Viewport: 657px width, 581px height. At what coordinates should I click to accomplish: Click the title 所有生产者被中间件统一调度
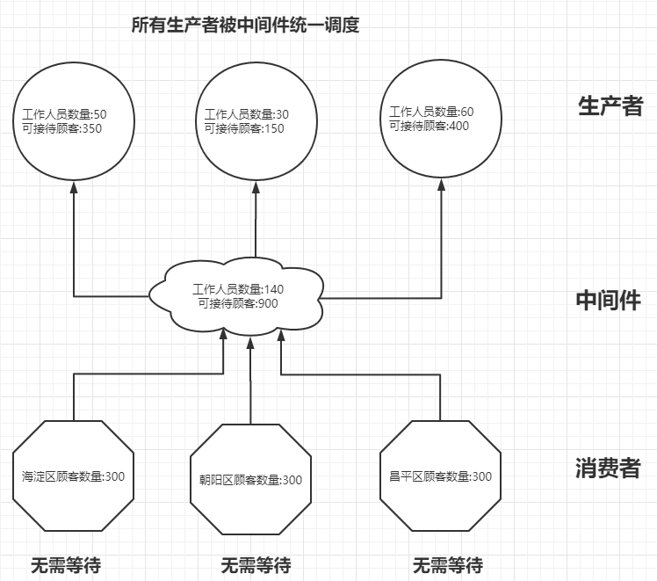click(245, 25)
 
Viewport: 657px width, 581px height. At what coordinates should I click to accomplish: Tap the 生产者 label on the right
click(610, 106)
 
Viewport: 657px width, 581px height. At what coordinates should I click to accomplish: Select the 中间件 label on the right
click(608, 300)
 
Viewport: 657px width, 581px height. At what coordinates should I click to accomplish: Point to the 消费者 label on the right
click(608, 468)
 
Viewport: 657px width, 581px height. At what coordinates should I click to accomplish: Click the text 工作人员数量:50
click(65, 114)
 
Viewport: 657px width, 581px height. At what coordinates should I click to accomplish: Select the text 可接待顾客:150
click(244, 128)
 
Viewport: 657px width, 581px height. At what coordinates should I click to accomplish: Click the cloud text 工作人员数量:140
click(238, 289)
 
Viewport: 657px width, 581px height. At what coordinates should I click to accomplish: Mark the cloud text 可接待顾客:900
click(237, 303)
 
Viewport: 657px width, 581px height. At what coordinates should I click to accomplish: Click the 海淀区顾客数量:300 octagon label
click(74, 476)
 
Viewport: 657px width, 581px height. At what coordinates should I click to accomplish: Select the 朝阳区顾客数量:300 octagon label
click(250, 480)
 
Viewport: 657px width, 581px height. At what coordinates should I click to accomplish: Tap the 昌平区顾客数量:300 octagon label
click(440, 476)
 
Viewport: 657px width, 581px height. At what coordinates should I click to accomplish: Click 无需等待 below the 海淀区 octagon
click(65, 564)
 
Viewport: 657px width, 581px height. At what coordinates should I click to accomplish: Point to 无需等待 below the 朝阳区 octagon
click(256, 564)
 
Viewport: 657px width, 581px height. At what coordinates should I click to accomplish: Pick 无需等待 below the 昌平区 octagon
click(447, 564)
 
